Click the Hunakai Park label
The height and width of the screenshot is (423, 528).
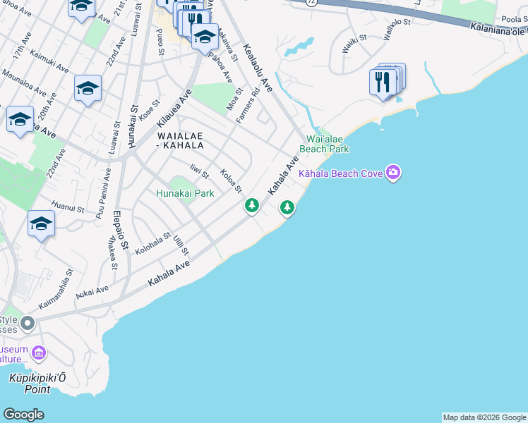[184, 193]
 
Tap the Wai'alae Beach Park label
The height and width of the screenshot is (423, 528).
[325, 145]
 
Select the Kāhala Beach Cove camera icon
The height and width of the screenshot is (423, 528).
[394, 173]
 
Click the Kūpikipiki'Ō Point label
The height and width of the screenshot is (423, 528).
[30, 384]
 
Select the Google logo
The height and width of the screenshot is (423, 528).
[24, 415]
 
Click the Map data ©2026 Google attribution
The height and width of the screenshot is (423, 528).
[484, 417]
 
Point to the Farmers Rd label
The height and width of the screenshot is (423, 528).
[248, 104]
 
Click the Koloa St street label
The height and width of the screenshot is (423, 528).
[231, 180]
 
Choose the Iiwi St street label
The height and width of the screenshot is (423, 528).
[200, 170]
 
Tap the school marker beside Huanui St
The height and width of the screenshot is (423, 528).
[41, 224]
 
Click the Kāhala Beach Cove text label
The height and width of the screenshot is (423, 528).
[341, 173]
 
